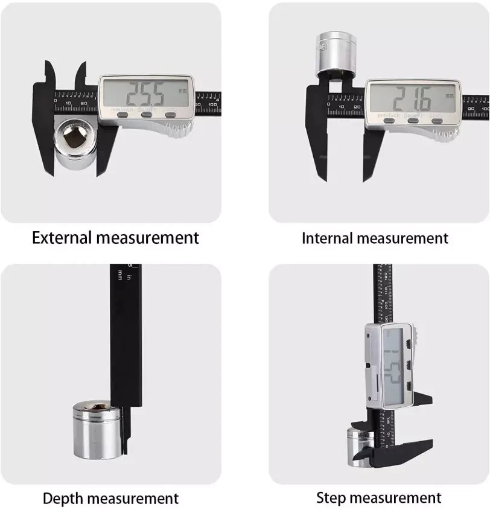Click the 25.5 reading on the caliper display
point(144,94)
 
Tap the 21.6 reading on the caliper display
point(412,97)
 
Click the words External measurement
point(115,237)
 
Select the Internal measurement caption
point(375,238)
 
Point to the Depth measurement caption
point(110,499)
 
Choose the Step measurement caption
point(378,498)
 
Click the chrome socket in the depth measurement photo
point(97,430)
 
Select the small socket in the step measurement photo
point(357,447)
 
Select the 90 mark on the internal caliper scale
point(469,107)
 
